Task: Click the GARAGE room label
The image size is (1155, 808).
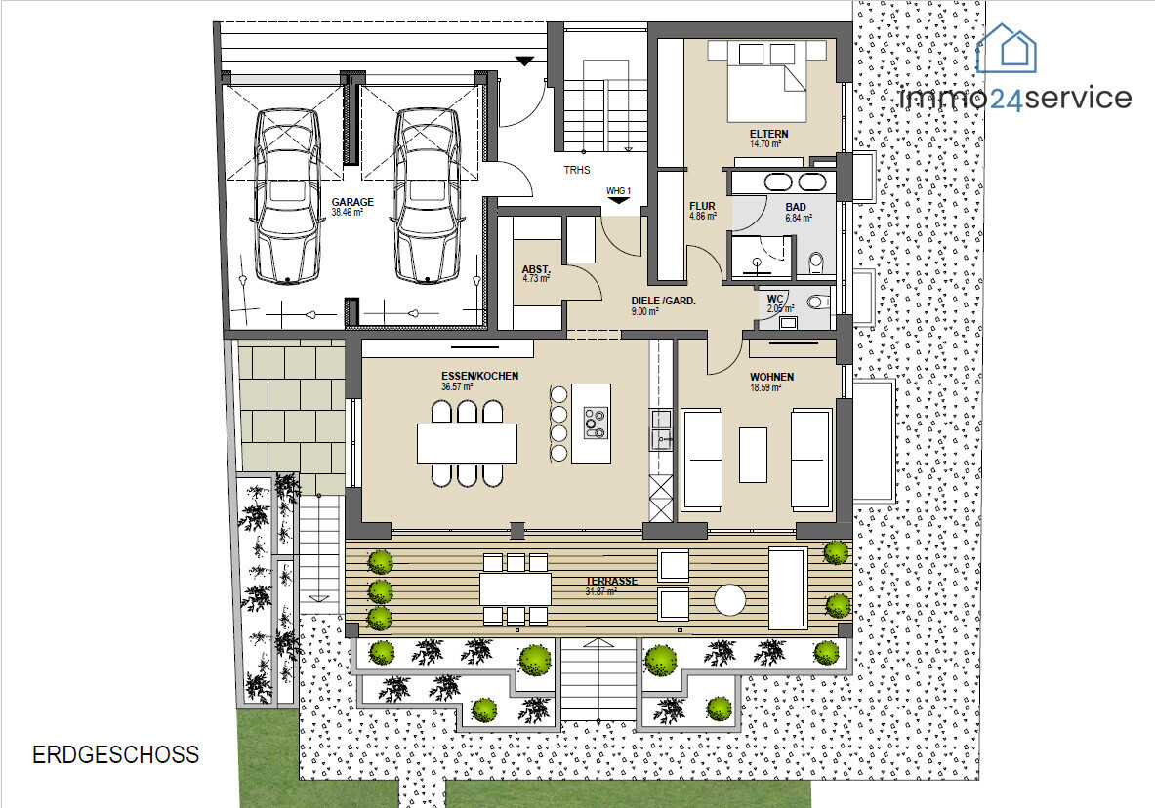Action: pyautogui.click(x=352, y=202)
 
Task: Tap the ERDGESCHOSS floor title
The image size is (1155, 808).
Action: pyautogui.click(x=115, y=755)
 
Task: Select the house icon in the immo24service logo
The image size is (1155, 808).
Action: pyautogui.click(x=1007, y=49)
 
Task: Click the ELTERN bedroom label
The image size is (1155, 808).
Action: pyautogui.click(x=769, y=134)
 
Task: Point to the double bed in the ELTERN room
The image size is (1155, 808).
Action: pyautogui.click(x=766, y=81)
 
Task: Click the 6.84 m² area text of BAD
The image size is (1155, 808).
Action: pyautogui.click(x=799, y=218)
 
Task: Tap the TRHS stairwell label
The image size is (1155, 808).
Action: pyautogui.click(x=577, y=170)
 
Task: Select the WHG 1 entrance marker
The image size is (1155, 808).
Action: pyautogui.click(x=618, y=194)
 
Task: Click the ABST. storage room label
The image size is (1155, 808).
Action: pyautogui.click(x=536, y=269)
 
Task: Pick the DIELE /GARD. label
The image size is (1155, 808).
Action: pyautogui.click(x=664, y=301)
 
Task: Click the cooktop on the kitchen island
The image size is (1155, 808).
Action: pyautogui.click(x=595, y=423)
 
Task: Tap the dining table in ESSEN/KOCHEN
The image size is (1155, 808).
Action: pyautogui.click(x=467, y=443)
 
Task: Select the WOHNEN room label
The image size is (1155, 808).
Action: pyautogui.click(x=772, y=377)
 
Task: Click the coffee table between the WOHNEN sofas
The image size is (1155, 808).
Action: pyautogui.click(x=753, y=455)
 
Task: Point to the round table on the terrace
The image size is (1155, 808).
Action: pyautogui.click(x=730, y=599)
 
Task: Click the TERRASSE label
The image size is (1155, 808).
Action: pyautogui.click(x=611, y=582)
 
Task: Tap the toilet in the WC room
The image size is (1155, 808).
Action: pyautogui.click(x=816, y=302)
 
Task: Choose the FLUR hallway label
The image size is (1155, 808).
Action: pyautogui.click(x=702, y=206)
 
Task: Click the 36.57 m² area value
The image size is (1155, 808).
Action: pyautogui.click(x=457, y=386)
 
